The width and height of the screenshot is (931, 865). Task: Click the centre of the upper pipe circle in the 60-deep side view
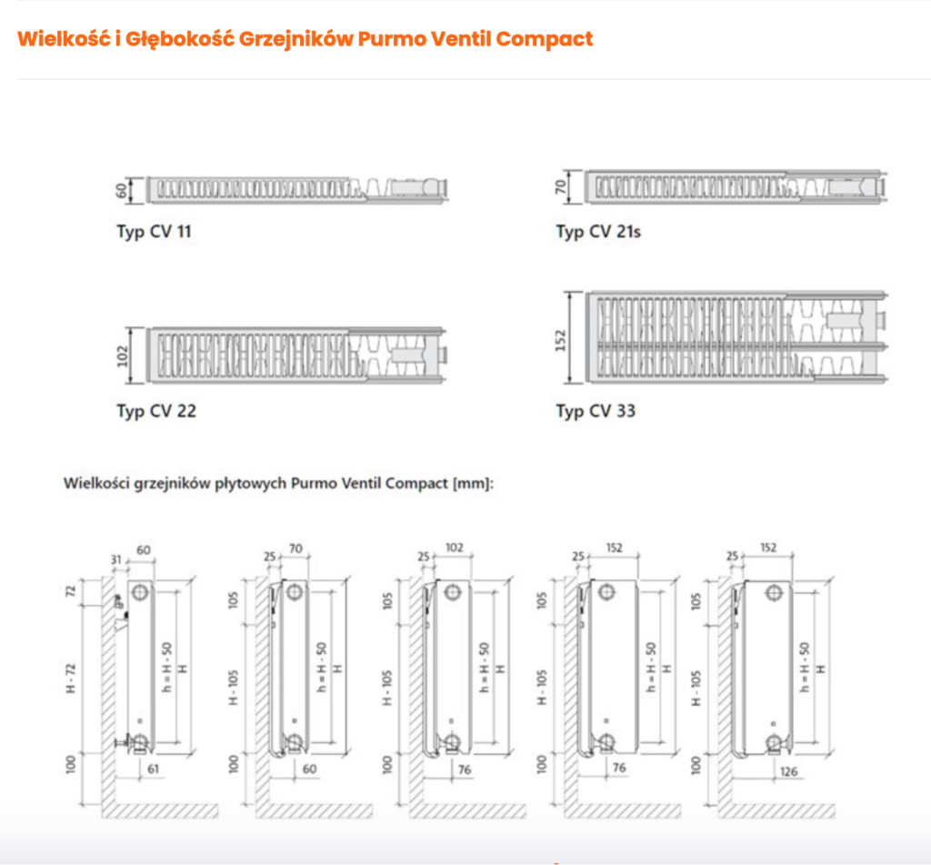140,592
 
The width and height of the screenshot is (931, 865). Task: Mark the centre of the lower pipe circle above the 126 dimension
774,742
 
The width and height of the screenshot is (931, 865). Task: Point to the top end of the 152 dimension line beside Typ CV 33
569,292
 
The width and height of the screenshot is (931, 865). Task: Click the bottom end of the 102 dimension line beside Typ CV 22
130,383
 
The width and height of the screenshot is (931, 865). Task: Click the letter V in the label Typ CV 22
165,410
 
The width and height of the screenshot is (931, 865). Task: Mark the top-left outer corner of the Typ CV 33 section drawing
586,292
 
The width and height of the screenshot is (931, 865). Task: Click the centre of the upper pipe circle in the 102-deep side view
453,592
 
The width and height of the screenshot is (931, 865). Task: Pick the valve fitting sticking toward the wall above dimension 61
123,741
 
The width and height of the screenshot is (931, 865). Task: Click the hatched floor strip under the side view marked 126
776,810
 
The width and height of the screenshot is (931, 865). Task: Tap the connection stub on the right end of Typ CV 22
443,356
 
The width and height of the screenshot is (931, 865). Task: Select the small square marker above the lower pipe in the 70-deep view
295,720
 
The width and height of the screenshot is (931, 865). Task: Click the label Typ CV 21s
598,231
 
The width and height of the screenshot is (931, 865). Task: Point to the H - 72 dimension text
71,678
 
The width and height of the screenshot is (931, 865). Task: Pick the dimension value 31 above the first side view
116,559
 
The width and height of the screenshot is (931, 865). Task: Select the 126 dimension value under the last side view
788,771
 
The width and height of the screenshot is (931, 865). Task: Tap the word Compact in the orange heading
544,38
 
